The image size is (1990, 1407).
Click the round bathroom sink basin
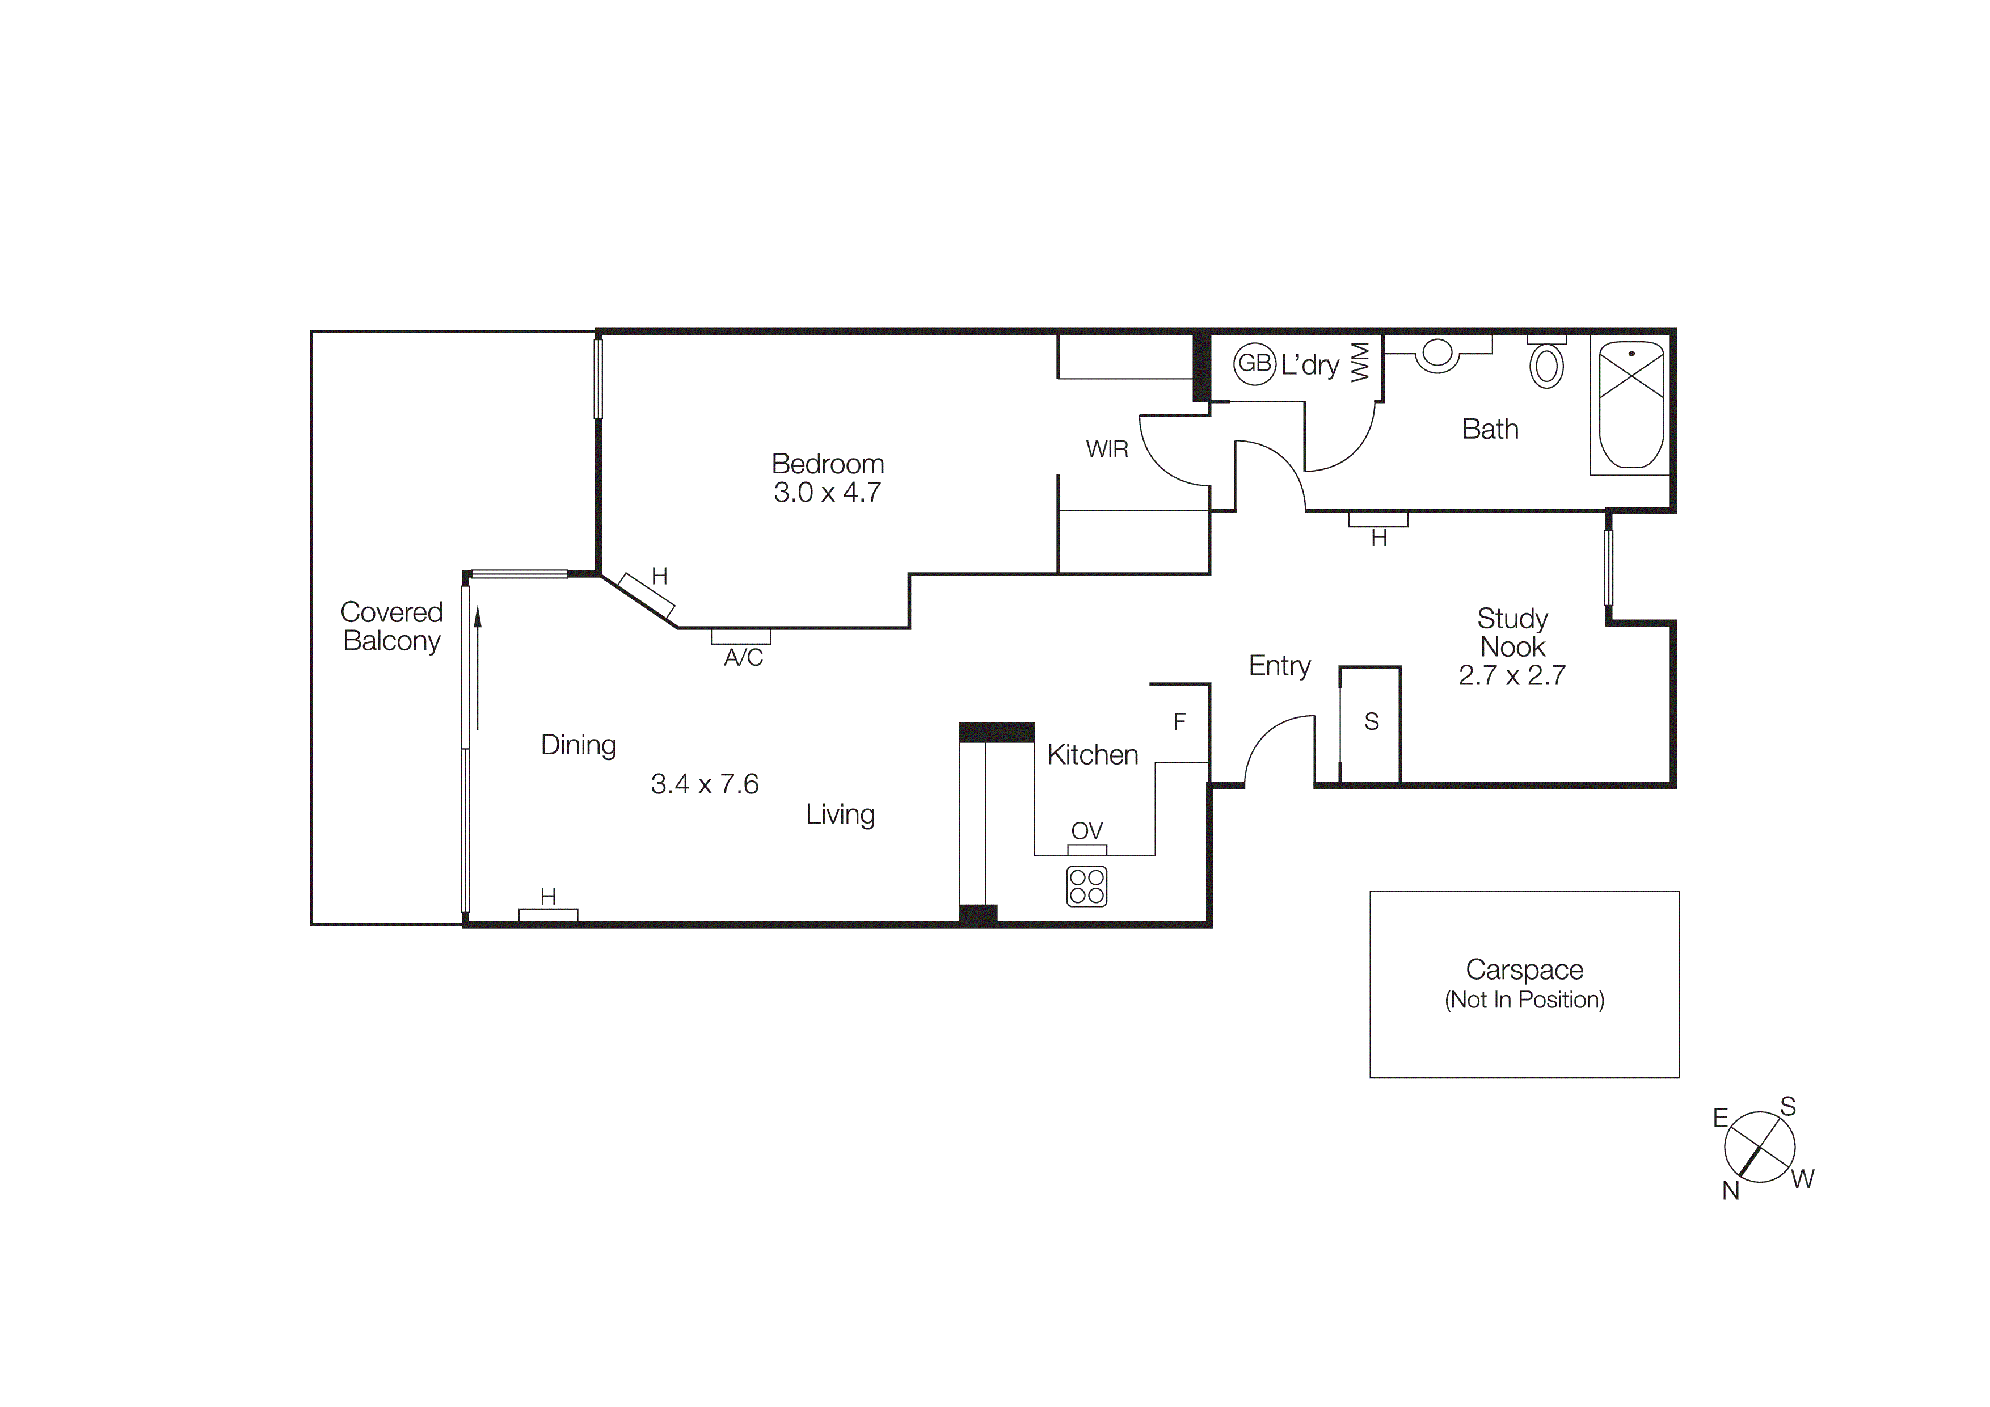point(1437,354)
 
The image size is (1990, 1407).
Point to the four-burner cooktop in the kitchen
point(1086,886)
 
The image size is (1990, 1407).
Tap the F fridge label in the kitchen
point(1179,721)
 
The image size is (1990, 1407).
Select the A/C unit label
point(743,658)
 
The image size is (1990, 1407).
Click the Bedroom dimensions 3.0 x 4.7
point(827,493)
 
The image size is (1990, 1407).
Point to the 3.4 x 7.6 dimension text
point(704,784)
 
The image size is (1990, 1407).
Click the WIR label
point(1107,449)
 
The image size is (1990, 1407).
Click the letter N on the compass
point(1730,1191)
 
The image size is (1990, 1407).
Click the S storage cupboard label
point(1371,721)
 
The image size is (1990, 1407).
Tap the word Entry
point(1279,666)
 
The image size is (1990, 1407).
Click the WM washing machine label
point(1360,362)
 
